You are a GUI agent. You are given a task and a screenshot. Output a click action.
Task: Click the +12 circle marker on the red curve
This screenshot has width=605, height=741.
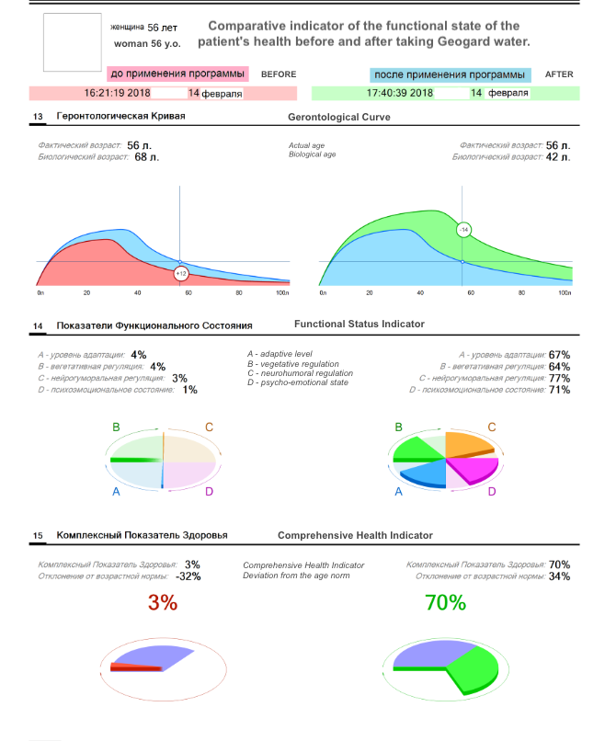(x=180, y=273)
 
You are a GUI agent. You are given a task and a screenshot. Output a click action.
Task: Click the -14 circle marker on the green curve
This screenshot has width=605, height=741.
(x=464, y=229)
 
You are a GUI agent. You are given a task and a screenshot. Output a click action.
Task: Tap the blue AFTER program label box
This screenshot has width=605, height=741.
(x=451, y=74)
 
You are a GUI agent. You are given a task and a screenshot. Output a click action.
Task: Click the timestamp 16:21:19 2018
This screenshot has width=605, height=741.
(x=117, y=93)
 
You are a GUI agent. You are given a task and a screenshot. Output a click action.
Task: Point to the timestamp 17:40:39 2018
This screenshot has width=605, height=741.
(x=399, y=93)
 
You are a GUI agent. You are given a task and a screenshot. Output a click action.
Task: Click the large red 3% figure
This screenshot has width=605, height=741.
(x=163, y=603)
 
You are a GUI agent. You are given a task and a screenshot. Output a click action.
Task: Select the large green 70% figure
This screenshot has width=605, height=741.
(x=445, y=603)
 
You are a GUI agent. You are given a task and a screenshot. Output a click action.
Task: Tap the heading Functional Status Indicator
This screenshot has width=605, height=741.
(x=359, y=325)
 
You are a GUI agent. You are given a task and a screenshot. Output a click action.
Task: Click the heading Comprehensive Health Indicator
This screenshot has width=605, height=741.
(x=355, y=535)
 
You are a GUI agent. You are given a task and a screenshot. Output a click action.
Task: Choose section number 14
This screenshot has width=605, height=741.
(x=38, y=326)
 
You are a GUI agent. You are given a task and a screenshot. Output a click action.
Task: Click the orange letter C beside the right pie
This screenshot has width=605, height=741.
(x=492, y=427)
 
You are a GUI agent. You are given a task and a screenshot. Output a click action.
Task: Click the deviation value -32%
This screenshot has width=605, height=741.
(x=188, y=576)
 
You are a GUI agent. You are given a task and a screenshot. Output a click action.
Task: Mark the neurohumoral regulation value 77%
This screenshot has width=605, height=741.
(x=559, y=378)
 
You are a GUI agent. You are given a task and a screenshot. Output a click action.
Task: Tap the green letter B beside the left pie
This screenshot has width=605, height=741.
(x=117, y=427)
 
